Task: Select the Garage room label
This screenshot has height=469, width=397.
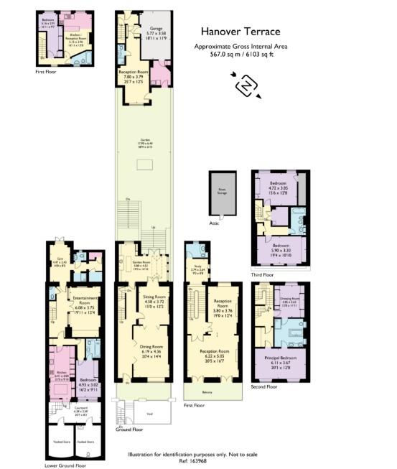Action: click(157, 31)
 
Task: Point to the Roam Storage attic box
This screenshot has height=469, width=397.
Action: click(220, 191)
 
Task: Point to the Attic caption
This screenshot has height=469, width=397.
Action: click(212, 223)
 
